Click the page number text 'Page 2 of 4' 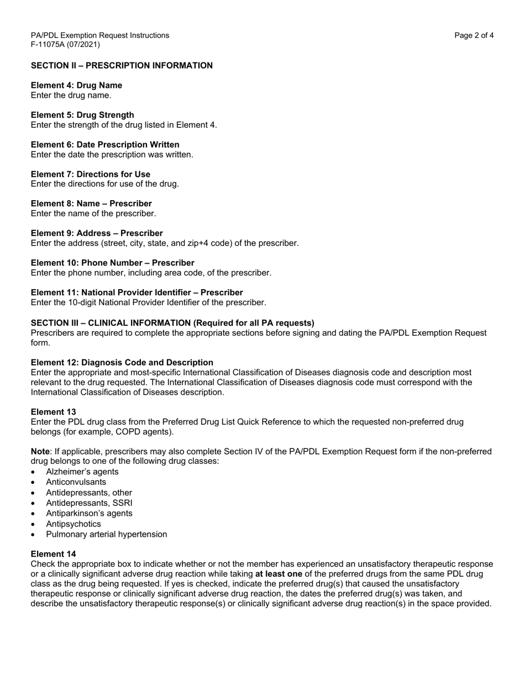click(x=474, y=35)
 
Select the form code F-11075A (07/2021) click(x=65, y=45)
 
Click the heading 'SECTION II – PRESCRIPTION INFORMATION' click(x=122, y=66)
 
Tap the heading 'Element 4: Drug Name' click(x=76, y=85)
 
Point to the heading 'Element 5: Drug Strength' click(x=82, y=115)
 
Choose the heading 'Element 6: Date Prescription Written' click(x=105, y=145)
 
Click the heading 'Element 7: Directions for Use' click(x=90, y=174)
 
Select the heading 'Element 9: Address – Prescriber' click(x=97, y=233)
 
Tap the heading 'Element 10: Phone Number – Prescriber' click(x=112, y=263)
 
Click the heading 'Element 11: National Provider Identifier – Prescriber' click(x=136, y=292)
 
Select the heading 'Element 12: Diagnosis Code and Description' click(x=122, y=363)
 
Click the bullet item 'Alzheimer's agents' click(x=82, y=472)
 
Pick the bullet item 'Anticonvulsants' click(x=76, y=482)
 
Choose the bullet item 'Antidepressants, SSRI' click(x=89, y=503)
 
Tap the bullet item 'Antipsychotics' click(x=73, y=524)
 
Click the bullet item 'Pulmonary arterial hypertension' click(x=106, y=534)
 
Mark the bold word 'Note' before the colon click(x=40, y=452)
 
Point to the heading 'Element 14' click(x=53, y=554)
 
